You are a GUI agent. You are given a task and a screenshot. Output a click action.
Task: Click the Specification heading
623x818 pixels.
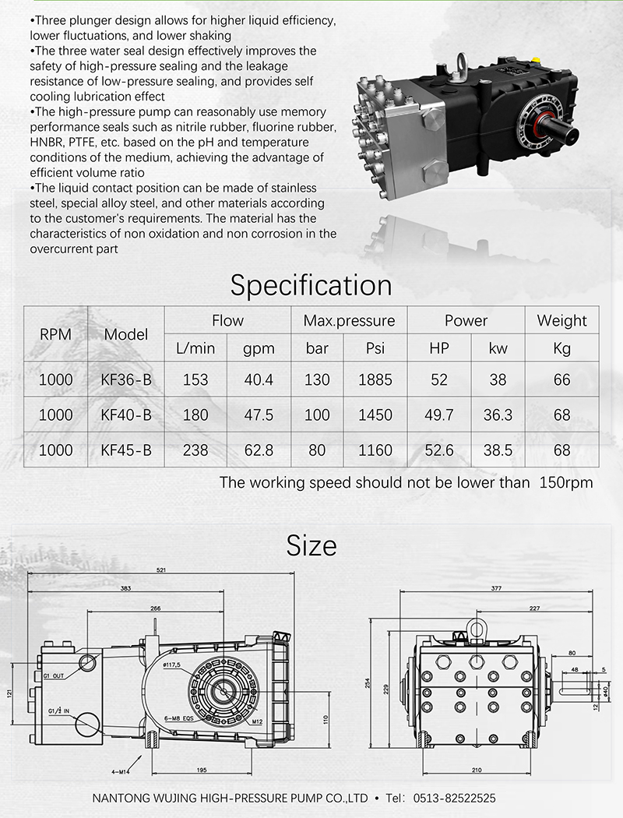[311, 285]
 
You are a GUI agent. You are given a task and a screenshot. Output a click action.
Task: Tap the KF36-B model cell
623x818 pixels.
[126, 380]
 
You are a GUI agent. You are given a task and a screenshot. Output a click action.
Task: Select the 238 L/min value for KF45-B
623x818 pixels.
[195, 450]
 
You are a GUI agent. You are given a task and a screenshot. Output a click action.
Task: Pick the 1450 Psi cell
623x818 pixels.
[375, 415]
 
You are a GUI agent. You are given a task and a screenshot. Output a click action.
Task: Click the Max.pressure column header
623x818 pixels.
[349, 321]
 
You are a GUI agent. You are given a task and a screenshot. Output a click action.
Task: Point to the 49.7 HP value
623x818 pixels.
[438, 415]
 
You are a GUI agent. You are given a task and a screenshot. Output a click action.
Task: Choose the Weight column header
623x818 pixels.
[561, 321]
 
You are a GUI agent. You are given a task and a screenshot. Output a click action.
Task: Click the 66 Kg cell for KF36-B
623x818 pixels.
[561, 380]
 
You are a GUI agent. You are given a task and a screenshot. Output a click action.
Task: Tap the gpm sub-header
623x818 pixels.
[258, 348]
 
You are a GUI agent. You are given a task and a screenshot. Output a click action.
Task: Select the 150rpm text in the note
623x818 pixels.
[566, 482]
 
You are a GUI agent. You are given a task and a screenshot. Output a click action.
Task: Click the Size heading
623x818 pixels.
[311, 545]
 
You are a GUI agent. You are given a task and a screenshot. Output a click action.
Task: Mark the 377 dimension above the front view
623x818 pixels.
[497, 588]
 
